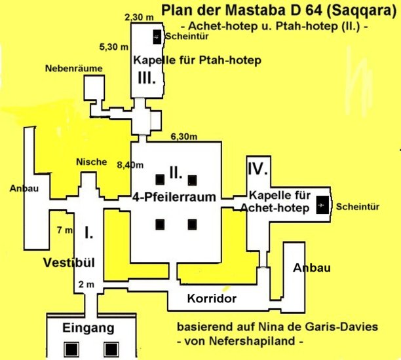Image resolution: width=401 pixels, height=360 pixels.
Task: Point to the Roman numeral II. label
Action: point(175,173)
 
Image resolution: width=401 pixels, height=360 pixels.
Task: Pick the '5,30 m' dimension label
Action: point(113,47)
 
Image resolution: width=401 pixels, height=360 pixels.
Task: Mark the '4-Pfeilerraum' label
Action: point(174,198)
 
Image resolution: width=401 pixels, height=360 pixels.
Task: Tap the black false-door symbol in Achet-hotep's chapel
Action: point(320,206)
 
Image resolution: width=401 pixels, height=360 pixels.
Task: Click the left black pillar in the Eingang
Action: point(69,347)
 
